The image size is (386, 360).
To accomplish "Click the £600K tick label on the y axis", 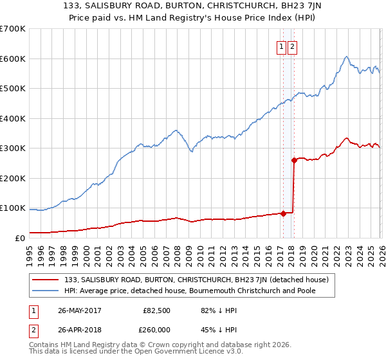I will (x=13, y=59).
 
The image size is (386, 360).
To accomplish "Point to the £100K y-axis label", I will (x=13, y=208).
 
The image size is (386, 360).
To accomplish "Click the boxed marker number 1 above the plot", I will (x=282, y=46).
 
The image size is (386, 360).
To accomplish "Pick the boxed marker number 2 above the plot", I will (x=292, y=46).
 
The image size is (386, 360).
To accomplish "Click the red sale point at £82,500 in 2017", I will (x=283, y=213).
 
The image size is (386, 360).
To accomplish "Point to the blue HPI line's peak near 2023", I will (x=346, y=57).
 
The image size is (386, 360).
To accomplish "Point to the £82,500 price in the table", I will (x=156, y=310).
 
